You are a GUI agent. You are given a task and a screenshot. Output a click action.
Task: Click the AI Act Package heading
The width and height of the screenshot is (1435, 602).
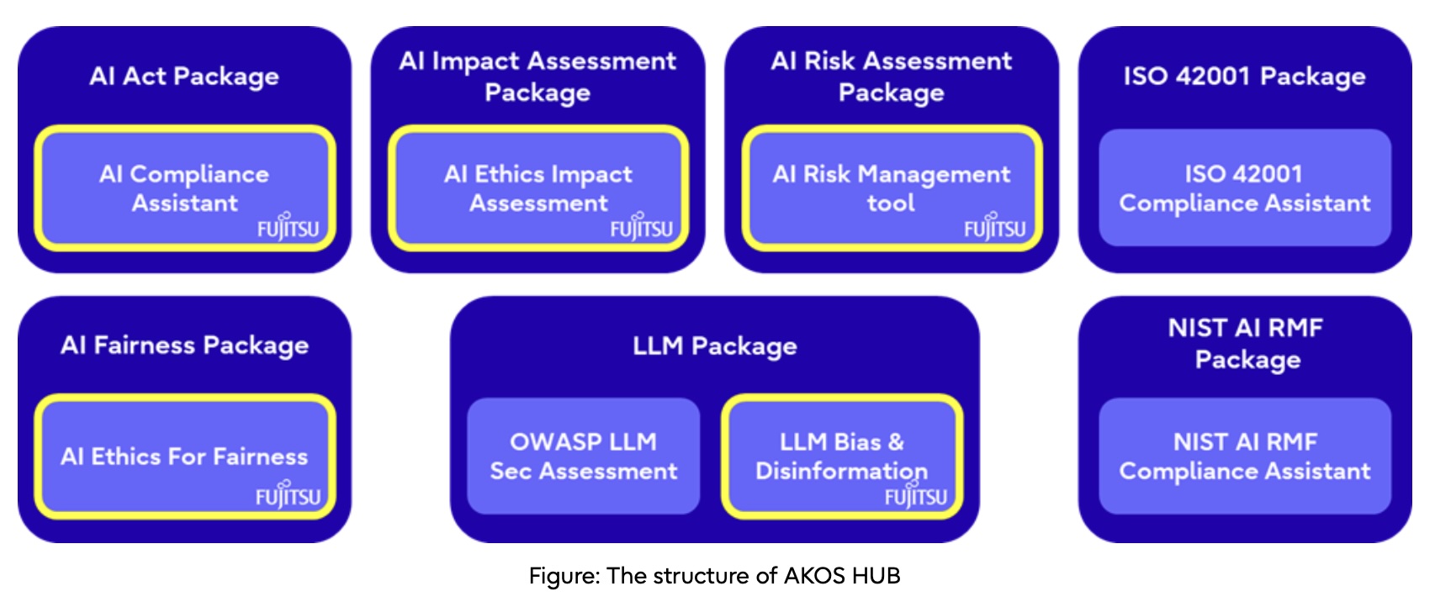[x=184, y=77]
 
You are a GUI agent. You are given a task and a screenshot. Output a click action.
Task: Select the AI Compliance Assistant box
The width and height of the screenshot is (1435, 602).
[x=185, y=188]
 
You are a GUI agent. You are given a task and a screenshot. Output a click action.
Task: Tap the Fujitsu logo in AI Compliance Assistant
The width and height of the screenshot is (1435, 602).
[x=289, y=226]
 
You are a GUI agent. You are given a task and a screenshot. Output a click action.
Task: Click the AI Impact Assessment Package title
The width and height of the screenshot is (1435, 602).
[x=537, y=77]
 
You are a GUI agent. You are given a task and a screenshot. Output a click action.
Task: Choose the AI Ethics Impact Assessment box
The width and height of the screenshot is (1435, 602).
[x=538, y=188]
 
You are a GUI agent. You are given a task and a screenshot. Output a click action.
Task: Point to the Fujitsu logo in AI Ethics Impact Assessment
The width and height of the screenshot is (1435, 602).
[x=641, y=226]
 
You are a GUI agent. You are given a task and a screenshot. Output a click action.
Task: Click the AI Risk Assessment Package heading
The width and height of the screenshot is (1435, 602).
[x=891, y=77]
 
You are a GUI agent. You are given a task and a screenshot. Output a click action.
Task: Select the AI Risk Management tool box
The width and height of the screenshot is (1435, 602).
[x=892, y=188]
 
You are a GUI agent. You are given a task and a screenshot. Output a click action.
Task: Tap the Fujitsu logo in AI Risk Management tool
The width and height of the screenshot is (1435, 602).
[x=995, y=226]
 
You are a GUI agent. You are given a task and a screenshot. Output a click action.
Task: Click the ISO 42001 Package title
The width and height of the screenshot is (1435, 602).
[x=1245, y=77]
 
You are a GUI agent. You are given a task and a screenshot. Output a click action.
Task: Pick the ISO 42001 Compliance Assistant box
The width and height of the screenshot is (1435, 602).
[x=1245, y=187]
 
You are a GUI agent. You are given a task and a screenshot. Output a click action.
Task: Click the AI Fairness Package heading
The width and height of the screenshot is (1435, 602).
[x=184, y=346]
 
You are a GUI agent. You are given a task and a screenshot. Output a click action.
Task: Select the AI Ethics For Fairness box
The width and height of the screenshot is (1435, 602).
[x=185, y=457]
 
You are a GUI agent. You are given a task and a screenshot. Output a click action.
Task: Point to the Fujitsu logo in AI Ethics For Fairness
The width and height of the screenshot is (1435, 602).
[x=289, y=494]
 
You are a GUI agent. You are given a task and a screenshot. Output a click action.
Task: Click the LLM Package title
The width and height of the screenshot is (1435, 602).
[x=715, y=346]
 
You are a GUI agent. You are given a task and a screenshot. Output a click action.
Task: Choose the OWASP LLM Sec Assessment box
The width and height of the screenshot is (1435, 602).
[x=584, y=456]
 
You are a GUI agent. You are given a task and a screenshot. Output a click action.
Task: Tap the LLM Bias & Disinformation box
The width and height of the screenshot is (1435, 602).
[x=842, y=457]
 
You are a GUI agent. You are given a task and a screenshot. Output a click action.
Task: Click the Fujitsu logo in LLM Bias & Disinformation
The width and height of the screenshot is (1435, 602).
[x=916, y=494]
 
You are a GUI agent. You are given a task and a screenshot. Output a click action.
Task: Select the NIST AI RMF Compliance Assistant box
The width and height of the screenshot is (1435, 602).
[x=1245, y=456]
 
